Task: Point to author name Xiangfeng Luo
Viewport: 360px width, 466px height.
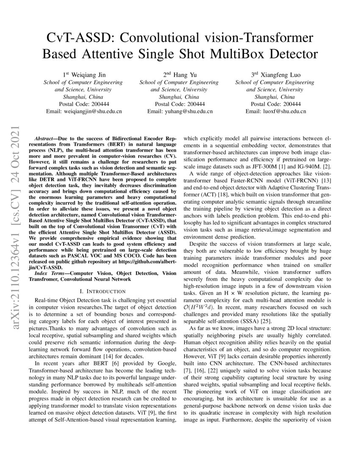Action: (x=279, y=75)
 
